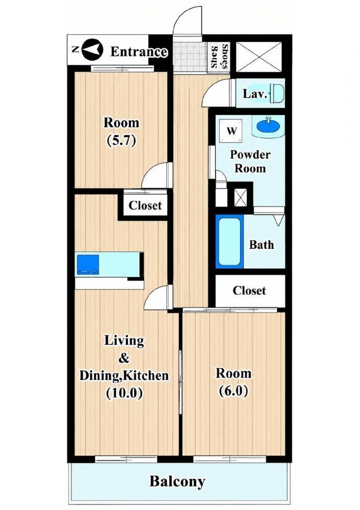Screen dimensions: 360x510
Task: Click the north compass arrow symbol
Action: click(92, 50)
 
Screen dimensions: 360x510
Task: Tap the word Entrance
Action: click(139, 52)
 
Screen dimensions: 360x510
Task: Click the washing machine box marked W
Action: click(231, 131)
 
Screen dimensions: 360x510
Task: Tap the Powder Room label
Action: click(250, 161)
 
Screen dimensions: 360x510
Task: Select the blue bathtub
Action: click(229, 241)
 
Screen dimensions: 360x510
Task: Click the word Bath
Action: click(262, 245)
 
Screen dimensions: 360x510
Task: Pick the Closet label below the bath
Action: click(249, 291)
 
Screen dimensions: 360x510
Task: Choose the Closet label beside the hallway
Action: click(145, 205)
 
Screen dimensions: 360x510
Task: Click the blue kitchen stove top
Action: click(88, 264)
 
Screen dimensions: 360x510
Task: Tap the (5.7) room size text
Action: click(121, 141)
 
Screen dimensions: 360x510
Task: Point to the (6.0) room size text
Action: click(234, 391)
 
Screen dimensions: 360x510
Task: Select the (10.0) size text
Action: click(124, 393)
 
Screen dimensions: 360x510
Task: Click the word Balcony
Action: click(177, 481)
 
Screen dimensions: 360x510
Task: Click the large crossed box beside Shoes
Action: click(259, 57)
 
